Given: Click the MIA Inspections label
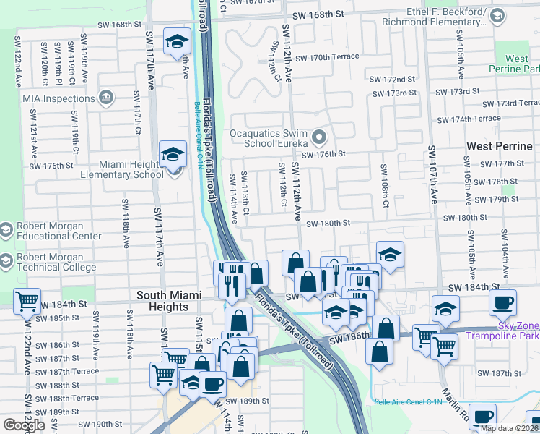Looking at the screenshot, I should coord(53,96).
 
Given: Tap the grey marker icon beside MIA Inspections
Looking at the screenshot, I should coord(106,96).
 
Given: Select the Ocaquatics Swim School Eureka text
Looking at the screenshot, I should coord(269,138).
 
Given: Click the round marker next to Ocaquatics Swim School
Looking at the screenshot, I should coord(319,136).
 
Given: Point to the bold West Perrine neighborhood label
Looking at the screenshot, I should coord(500,146).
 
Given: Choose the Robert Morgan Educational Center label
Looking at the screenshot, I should coord(59,231).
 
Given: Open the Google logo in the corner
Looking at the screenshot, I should coord(24,425).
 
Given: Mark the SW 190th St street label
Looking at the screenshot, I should coord(100,424).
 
